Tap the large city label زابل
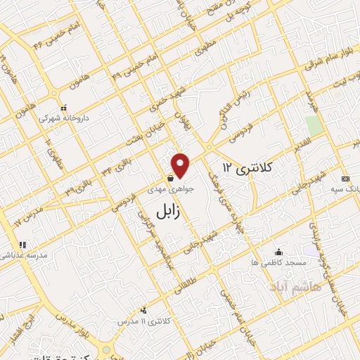click(172, 209)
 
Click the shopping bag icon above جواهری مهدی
click(172, 179)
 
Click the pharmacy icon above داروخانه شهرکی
click(65, 108)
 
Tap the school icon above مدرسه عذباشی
click(22, 245)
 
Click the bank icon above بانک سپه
click(345, 179)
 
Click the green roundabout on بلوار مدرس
click(106, 349)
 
